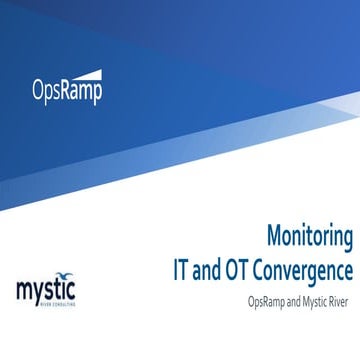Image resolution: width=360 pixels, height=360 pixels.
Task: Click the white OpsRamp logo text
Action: [66, 91]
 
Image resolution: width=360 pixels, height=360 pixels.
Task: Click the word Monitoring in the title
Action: [309, 237]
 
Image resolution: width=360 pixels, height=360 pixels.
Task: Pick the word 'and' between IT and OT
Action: [206, 269]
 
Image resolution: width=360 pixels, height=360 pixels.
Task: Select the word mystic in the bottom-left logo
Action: [45, 291]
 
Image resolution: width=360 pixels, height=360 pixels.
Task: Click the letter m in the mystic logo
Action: [23, 291]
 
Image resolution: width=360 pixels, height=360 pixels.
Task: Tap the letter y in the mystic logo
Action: [37, 294]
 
